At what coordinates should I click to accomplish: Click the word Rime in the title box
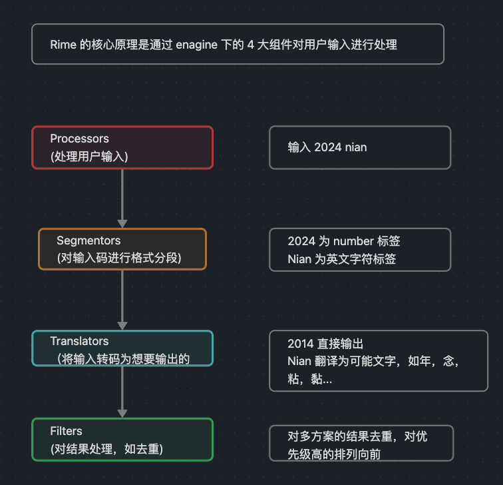63,45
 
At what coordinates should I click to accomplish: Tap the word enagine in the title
196,45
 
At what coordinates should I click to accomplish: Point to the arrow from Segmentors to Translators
122,300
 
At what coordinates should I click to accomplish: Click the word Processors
79,139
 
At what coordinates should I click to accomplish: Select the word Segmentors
88,241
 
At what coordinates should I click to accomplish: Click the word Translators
79,341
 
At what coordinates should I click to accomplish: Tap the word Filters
66,431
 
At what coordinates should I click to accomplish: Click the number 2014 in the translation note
301,344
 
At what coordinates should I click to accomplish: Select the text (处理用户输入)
89,157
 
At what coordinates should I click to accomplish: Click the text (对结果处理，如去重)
106,449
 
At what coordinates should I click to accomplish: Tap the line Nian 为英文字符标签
341,258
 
